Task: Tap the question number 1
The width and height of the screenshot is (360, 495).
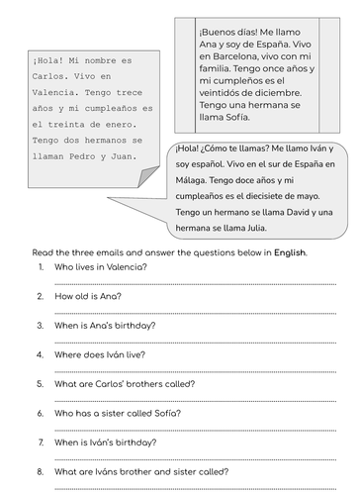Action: (39, 267)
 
